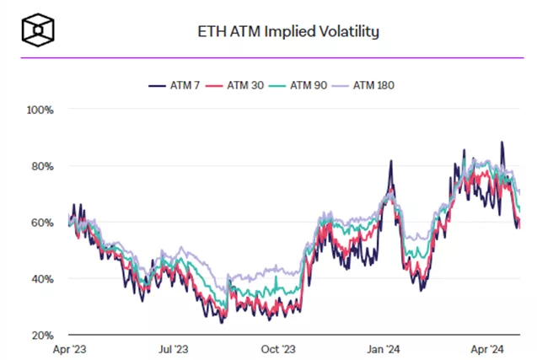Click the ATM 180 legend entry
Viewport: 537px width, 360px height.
(x=373, y=84)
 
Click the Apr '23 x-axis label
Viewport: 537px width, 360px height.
(x=68, y=348)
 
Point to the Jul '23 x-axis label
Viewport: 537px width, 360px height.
(x=172, y=348)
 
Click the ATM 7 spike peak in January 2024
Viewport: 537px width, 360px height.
(x=391, y=161)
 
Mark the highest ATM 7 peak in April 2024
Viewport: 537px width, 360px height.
(x=502, y=142)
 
